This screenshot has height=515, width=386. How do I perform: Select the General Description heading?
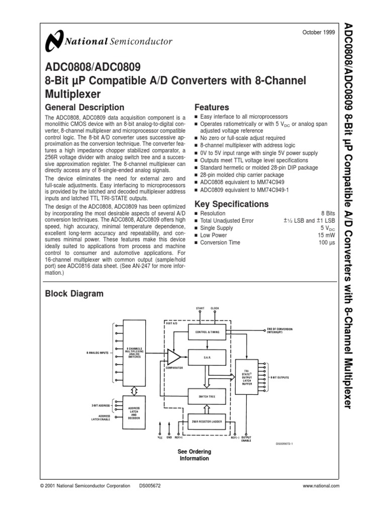point(84,107)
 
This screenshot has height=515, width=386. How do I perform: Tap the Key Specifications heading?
point(231,204)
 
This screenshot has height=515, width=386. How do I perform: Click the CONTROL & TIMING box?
point(208,332)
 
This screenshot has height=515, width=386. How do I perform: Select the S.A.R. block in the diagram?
point(208,357)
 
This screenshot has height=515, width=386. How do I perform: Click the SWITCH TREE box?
point(208,396)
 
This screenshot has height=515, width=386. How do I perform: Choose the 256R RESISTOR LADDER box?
point(208,420)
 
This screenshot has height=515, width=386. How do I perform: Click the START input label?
point(200,308)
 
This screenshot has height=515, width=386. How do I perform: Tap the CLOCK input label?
point(215,308)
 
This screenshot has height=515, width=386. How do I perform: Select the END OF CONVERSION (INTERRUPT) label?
point(284,331)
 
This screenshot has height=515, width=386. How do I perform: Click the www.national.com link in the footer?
point(321,486)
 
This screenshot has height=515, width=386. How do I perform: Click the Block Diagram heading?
point(74,294)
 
